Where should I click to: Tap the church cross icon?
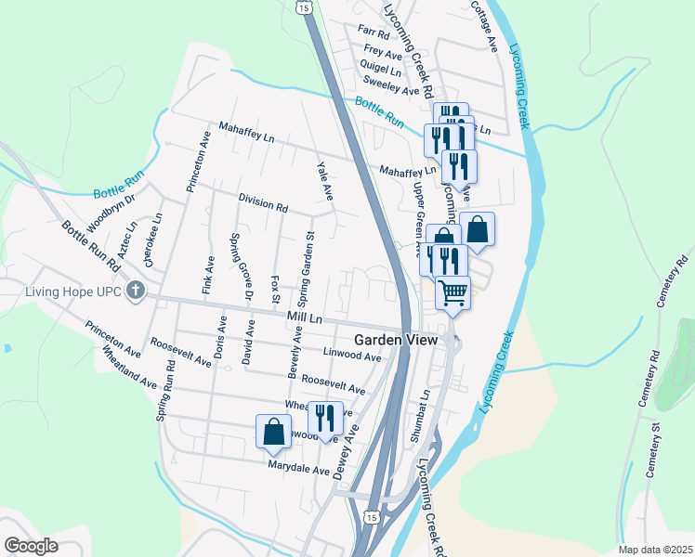pos(136,291)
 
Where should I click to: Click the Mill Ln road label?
pos(304,317)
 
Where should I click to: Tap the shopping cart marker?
pos(452,293)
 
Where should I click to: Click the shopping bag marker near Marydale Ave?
pos(274,432)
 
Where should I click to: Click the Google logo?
pos(31,546)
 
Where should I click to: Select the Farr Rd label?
pos(374,31)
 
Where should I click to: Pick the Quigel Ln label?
pos(382,70)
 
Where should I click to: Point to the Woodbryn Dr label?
pos(111,214)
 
